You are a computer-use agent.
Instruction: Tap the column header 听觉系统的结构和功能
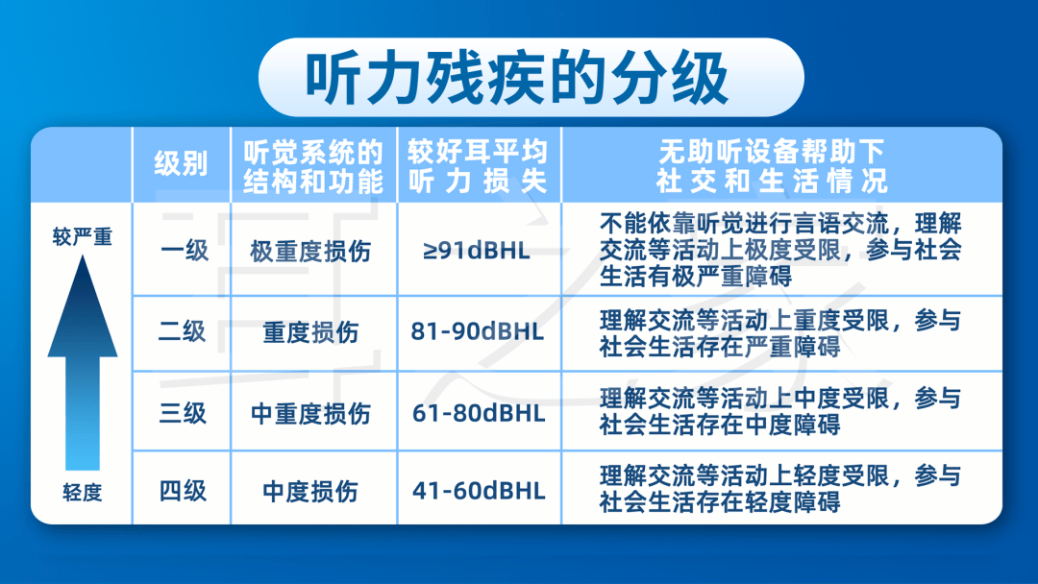coord(313,165)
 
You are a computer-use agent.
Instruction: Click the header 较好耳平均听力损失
coord(478,165)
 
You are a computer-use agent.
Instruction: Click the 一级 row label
coord(184,251)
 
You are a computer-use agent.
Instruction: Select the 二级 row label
coord(183,332)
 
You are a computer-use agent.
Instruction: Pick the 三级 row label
coord(183,413)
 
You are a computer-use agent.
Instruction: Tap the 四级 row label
coord(183,491)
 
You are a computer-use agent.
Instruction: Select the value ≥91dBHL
coord(477,252)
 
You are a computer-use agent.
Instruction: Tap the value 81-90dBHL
coord(477,332)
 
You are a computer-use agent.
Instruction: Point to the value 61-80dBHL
coord(478,413)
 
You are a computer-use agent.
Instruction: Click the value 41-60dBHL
coord(478,491)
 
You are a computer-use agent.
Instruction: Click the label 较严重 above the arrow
coord(82,236)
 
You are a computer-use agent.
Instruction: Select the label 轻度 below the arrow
coord(82,493)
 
